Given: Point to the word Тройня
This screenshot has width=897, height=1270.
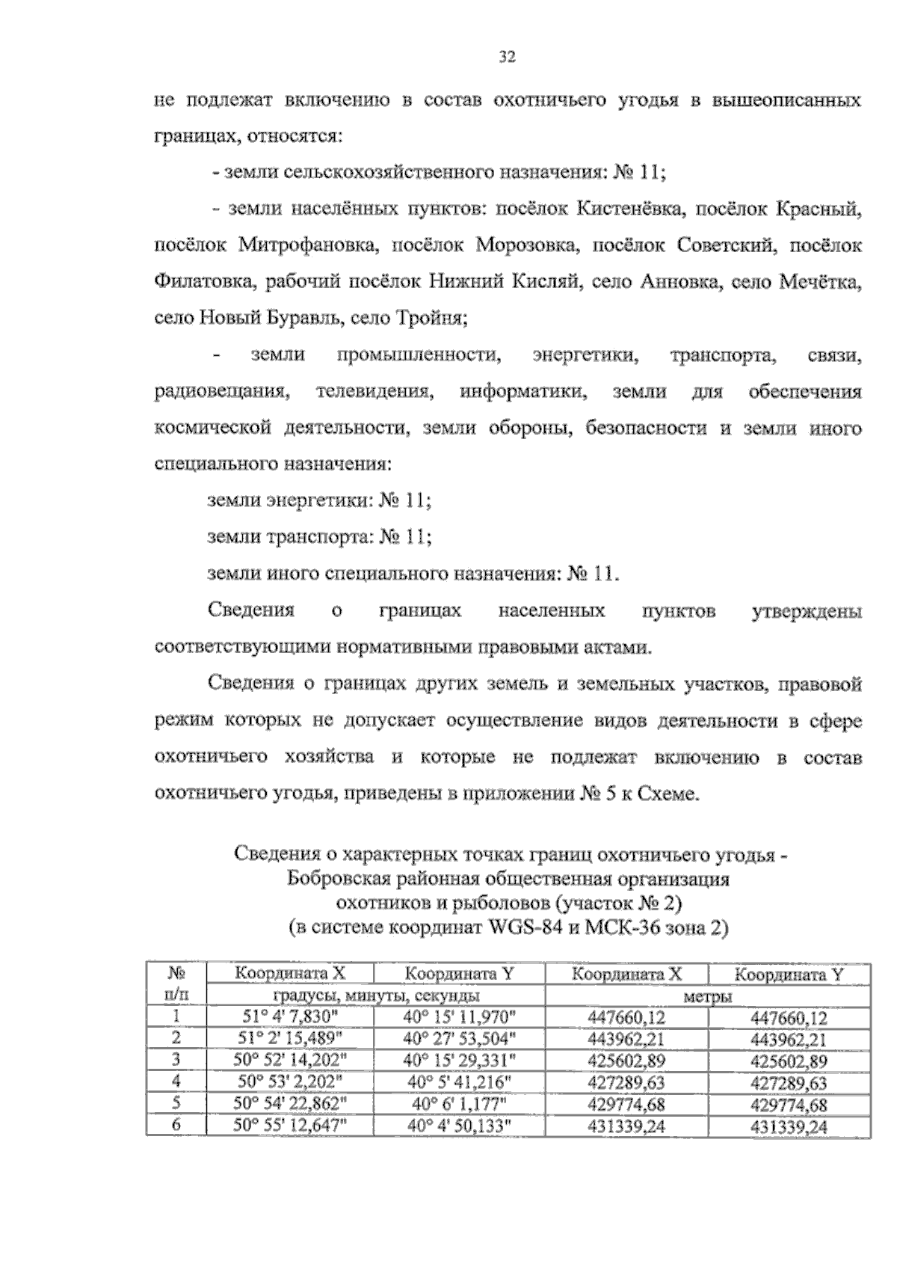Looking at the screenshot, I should tap(437, 319).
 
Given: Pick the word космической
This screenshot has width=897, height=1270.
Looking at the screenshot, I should tap(211, 429).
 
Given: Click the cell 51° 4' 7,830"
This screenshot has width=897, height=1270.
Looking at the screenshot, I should tap(289, 1018).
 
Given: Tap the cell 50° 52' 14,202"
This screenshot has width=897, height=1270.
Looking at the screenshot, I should tap(289, 1061).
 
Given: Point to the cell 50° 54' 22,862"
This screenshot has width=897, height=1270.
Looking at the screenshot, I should tap(289, 1105).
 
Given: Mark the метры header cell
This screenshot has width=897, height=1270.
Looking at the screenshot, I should tap(708, 996).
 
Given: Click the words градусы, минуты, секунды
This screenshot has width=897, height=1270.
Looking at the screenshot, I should tap(375, 996).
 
